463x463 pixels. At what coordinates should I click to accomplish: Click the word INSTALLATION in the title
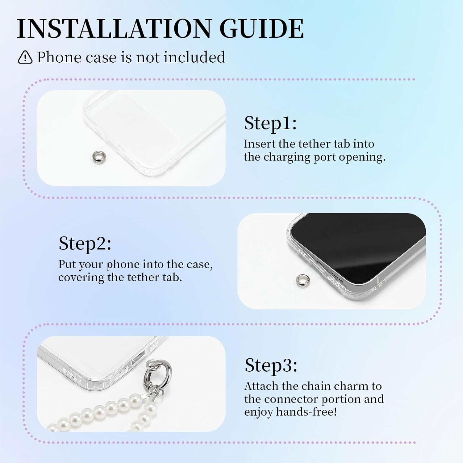pyautogui.click(x=114, y=28)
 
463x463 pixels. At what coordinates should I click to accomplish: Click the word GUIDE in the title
pyautogui.click(x=262, y=28)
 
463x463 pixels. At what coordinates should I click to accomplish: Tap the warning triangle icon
pyautogui.click(x=25, y=57)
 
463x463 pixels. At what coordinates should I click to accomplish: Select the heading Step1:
pyautogui.click(x=270, y=123)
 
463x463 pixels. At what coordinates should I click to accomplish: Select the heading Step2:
pyautogui.click(x=85, y=244)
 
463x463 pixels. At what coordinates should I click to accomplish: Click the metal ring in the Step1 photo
pyautogui.click(x=99, y=156)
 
